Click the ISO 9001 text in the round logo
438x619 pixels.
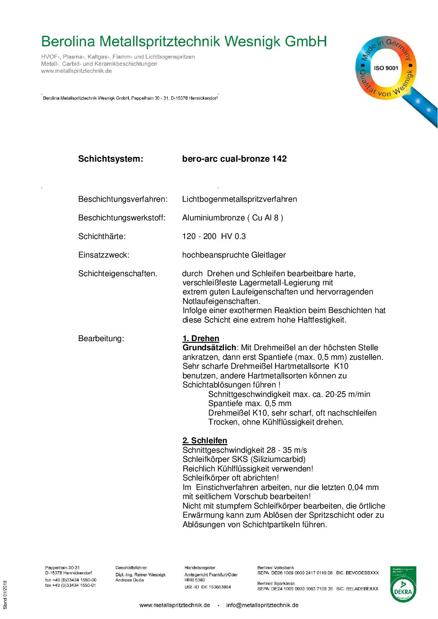(385, 68)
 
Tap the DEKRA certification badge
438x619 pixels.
(403, 584)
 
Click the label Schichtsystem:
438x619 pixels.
(111, 159)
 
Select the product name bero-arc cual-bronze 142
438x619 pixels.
(234, 159)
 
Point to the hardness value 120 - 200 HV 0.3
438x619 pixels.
(214, 237)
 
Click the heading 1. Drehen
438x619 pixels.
(201, 339)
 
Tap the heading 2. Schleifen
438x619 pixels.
(205, 441)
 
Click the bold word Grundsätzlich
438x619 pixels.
(209, 348)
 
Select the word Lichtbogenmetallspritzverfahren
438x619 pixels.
(239, 199)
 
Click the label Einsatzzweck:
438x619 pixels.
(103, 255)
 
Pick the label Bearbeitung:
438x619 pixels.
(101, 339)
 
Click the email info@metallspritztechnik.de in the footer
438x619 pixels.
(262, 605)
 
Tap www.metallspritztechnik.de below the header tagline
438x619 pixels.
(76, 71)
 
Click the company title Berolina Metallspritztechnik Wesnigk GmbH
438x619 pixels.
(184, 42)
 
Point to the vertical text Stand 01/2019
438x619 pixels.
(5, 595)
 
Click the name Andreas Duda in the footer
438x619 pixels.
(130, 580)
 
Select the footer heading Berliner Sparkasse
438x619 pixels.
(276, 583)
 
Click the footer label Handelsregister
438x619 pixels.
(200, 568)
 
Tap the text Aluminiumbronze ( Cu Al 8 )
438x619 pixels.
(232, 218)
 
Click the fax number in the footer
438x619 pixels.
(70, 586)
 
